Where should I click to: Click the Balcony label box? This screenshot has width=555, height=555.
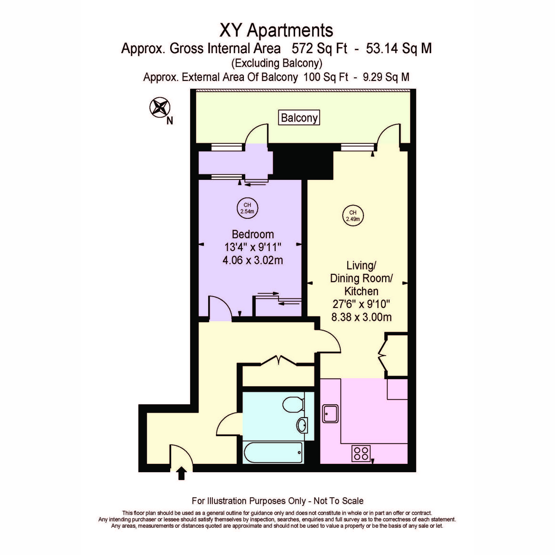pyautogui.click(x=299, y=117)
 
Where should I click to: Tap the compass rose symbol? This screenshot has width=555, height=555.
pyautogui.click(x=160, y=107)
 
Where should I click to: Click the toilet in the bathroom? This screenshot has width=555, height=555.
pyautogui.click(x=294, y=405)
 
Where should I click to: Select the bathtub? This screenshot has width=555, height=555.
pyautogui.click(x=273, y=452)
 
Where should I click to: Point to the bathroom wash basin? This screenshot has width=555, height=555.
pyautogui.click(x=302, y=425)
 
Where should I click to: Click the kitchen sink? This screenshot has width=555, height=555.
pyautogui.click(x=330, y=413)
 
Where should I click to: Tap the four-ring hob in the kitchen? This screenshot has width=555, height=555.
pyautogui.click(x=361, y=453)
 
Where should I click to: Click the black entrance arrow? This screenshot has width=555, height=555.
pyautogui.click(x=181, y=473)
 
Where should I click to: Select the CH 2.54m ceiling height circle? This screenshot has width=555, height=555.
pyautogui.click(x=247, y=208)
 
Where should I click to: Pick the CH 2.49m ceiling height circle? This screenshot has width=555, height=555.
pyautogui.click(x=353, y=216)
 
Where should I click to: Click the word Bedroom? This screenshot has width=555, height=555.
pyautogui.click(x=253, y=234)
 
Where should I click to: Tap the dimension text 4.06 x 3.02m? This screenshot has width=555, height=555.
pyautogui.click(x=253, y=260)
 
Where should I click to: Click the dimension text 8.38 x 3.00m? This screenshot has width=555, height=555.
pyautogui.click(x=361, y=317)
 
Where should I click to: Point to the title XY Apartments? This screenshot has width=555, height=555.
pyautogui.click(x=276, y=30)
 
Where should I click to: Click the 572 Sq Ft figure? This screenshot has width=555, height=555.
pyautogui.click(x=319, y=49)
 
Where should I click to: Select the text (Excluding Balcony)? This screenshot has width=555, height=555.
pyautogui.click(x=277, y=63)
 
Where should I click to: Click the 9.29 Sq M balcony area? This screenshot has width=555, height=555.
pyautogui.click(x=386, y=77)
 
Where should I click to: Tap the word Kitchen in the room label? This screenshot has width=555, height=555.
pyautogui.click(x=361, y=291)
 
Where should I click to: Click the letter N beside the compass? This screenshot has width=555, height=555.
pyautogui.click(x=170, y=121)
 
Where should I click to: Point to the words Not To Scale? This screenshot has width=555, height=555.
pyautogui.click(x=339, y=501)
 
